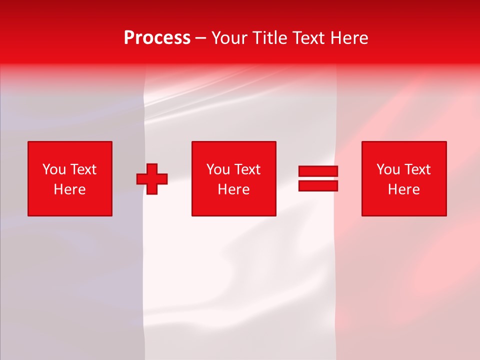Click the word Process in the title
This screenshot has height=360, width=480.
pos(157,38)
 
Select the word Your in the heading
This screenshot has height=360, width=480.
pos(230,38)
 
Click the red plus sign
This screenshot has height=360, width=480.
pos(152,179)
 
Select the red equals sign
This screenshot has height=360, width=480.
pos(318,179)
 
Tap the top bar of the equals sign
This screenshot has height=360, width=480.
pos(318,171)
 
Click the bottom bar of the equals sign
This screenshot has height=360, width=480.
pos(318,186)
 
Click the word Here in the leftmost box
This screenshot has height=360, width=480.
pos(70,189)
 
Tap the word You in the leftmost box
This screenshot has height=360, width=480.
pos(54,169)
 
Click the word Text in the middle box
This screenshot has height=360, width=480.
pos(247,169)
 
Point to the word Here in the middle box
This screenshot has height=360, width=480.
pos(234,189)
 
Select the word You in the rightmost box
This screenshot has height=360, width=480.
pos(388,169)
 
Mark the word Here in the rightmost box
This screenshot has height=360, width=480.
pos(404,189)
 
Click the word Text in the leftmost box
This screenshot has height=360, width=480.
pos(83,169)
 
